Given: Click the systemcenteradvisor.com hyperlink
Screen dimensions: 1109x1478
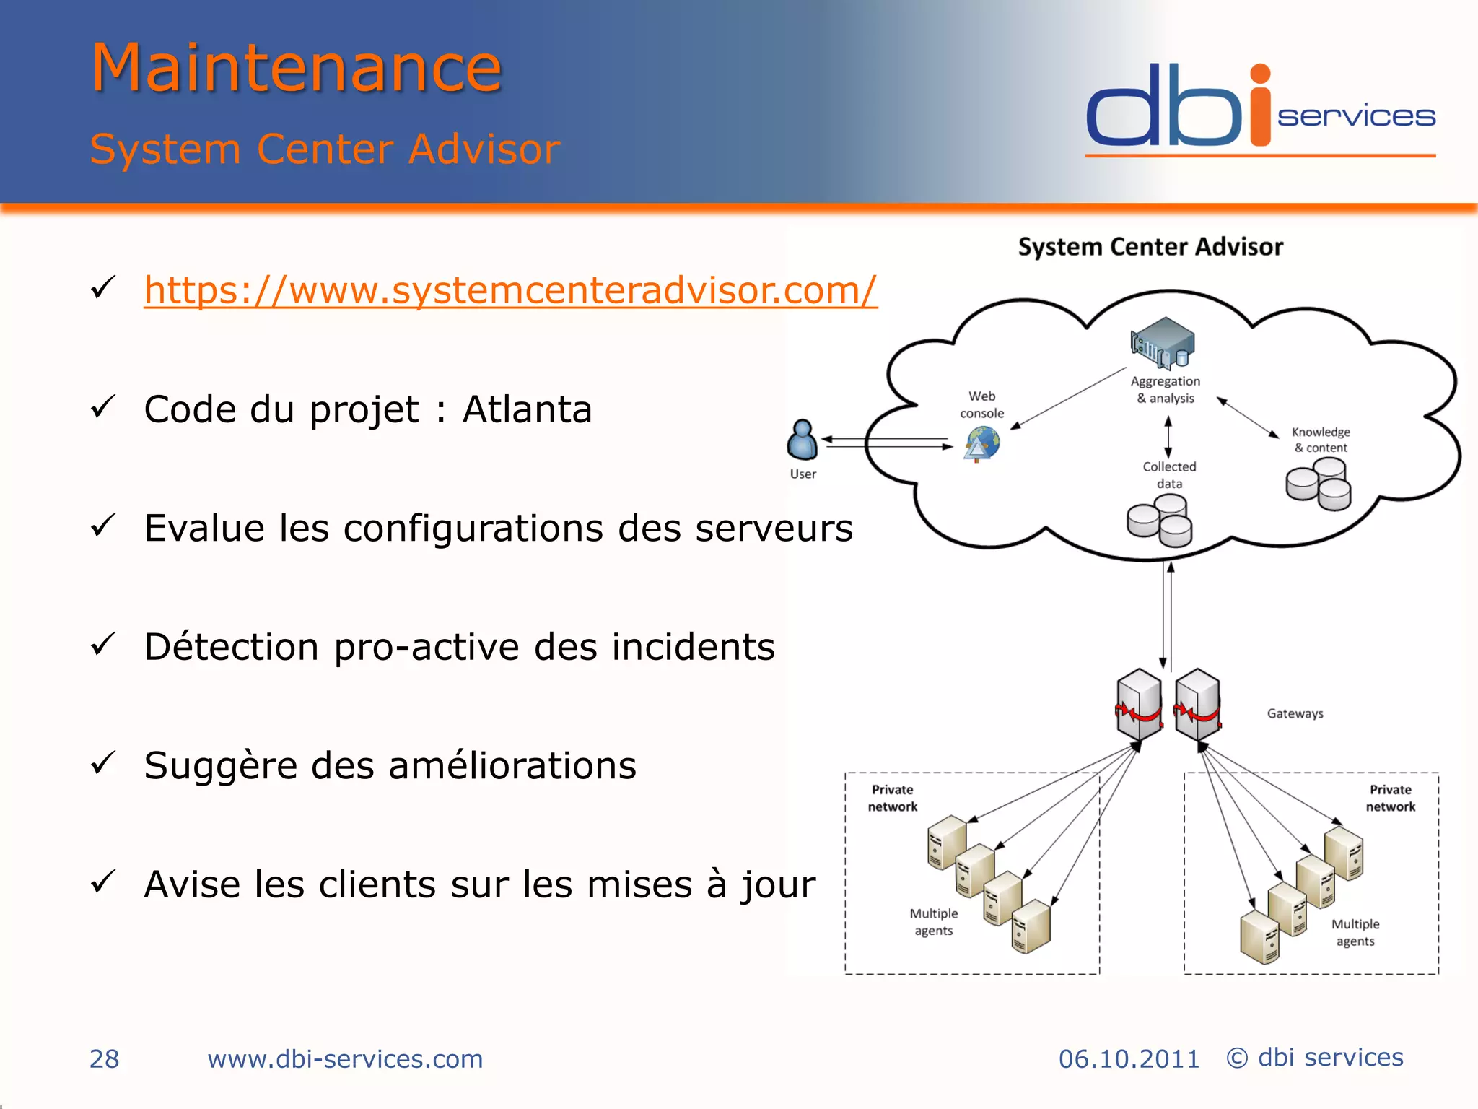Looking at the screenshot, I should click(x=510, y=290).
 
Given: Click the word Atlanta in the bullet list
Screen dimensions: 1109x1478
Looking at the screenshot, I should click(x=527, y=409).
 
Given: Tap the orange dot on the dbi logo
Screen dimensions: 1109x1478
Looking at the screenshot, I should click(x=1260, y=74).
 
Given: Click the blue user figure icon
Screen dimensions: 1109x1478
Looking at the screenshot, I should click(x=802, y=440).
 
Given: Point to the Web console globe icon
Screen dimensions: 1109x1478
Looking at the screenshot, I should click(x=982, y=443).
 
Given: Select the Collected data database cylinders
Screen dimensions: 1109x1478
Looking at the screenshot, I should click(x=1160, y=523).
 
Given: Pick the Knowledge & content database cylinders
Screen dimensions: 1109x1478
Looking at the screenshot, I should click(x=1319, y=484).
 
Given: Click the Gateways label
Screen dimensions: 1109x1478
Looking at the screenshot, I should click(x=1295, y=713).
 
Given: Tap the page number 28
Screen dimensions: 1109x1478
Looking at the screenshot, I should click(x=104, y=1058).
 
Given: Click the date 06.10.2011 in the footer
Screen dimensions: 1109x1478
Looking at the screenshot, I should click(x=1129, y=1059).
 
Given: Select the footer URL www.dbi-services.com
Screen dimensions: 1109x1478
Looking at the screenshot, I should click(x=345, y=1059).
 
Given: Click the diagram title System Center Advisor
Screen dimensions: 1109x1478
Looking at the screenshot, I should click(x=1150, y=247).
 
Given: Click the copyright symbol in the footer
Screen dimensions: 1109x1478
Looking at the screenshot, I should click(x=1237, y=1058).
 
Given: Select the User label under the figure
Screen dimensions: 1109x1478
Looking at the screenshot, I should click(x=803, y=474).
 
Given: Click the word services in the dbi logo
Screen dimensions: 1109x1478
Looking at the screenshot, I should click(x=1356, y=117).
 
